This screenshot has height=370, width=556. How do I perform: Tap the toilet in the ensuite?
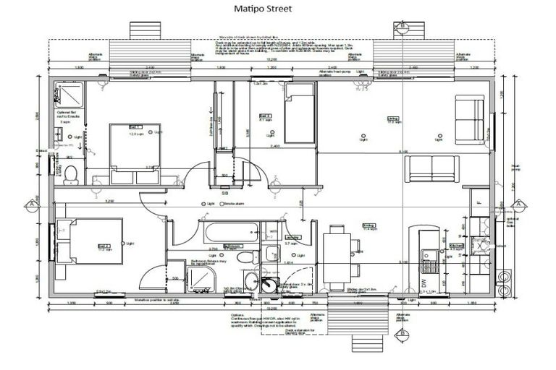[69, 173]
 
